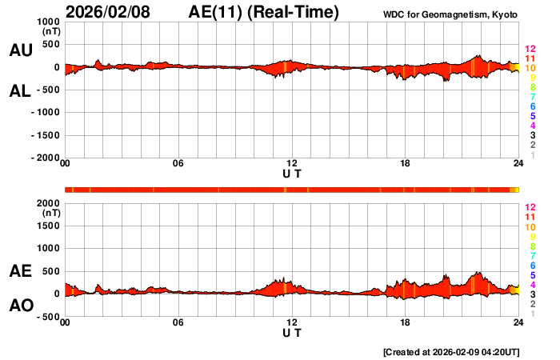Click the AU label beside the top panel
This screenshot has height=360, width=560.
pos(20,50)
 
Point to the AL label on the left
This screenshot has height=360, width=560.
pos(20,90)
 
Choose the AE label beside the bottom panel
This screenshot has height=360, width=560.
pos(20,272)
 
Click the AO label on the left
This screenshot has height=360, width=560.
pos(20,306)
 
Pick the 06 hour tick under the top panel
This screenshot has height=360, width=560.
pos(178,165)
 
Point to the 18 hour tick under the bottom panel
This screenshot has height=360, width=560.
pos(406,322)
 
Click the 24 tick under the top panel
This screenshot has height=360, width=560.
pos(518,165)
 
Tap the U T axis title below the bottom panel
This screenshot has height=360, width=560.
pos(292,332)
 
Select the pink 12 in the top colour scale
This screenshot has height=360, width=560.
pos(529,50)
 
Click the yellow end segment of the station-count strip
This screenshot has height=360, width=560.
pos(515,189)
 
